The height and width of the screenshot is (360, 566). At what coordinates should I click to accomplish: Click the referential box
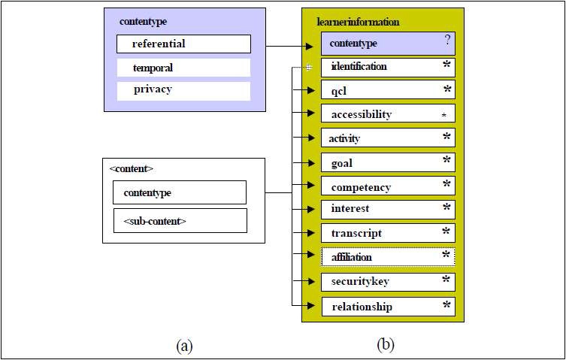coord(183,44)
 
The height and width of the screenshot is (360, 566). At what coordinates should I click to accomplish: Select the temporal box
coord(183,68)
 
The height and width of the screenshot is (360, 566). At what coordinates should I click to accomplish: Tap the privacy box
coord(183,91)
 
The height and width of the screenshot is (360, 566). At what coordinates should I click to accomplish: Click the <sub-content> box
coord(180,221)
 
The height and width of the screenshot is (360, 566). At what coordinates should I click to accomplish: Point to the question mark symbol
coord(447,40)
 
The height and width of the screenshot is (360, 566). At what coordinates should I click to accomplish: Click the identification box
coord(388,68)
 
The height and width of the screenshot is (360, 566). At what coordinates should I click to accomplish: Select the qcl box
coord(388,90)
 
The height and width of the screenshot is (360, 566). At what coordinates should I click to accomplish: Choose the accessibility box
coord(388,113)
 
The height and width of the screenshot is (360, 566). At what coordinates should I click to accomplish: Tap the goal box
coord(388,162)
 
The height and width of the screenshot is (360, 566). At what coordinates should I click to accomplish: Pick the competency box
coord(388,186)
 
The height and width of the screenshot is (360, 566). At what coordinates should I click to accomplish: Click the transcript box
coord(388,233)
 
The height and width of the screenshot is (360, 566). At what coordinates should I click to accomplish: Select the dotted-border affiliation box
coord(388,257)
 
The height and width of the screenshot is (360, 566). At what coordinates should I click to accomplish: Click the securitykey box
coord(388,282)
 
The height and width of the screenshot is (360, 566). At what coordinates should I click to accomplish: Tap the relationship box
coord(388,307)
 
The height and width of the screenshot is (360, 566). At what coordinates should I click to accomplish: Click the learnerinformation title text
coord(358,22)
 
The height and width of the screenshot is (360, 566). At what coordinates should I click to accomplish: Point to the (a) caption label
coord(184,346)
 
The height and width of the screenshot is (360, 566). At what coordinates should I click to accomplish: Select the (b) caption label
coord(386,344)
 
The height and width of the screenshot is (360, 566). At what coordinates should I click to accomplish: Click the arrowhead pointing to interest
coord(310,209)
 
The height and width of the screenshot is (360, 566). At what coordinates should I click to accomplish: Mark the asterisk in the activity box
coord(447,136)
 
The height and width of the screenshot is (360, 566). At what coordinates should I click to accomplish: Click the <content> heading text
coord(131,168)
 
